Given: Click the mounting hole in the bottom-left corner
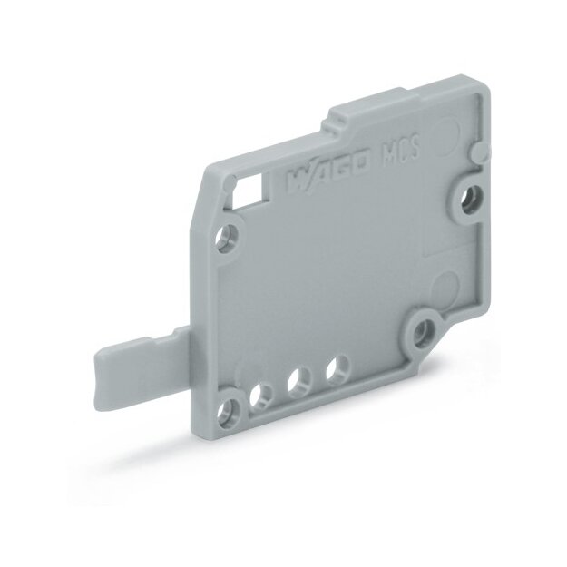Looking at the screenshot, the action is pos(229,411).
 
